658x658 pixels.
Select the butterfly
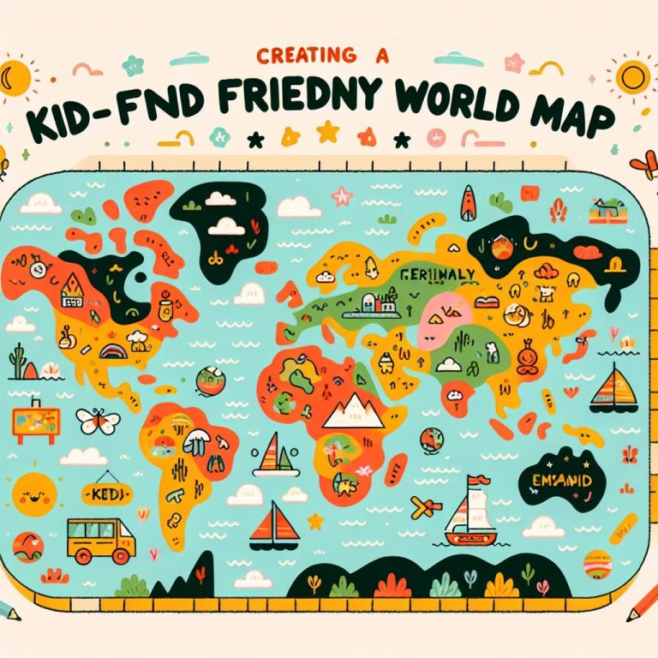point(98,421)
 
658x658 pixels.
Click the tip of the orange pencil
point(635,624)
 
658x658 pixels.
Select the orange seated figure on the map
point(530,355)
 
